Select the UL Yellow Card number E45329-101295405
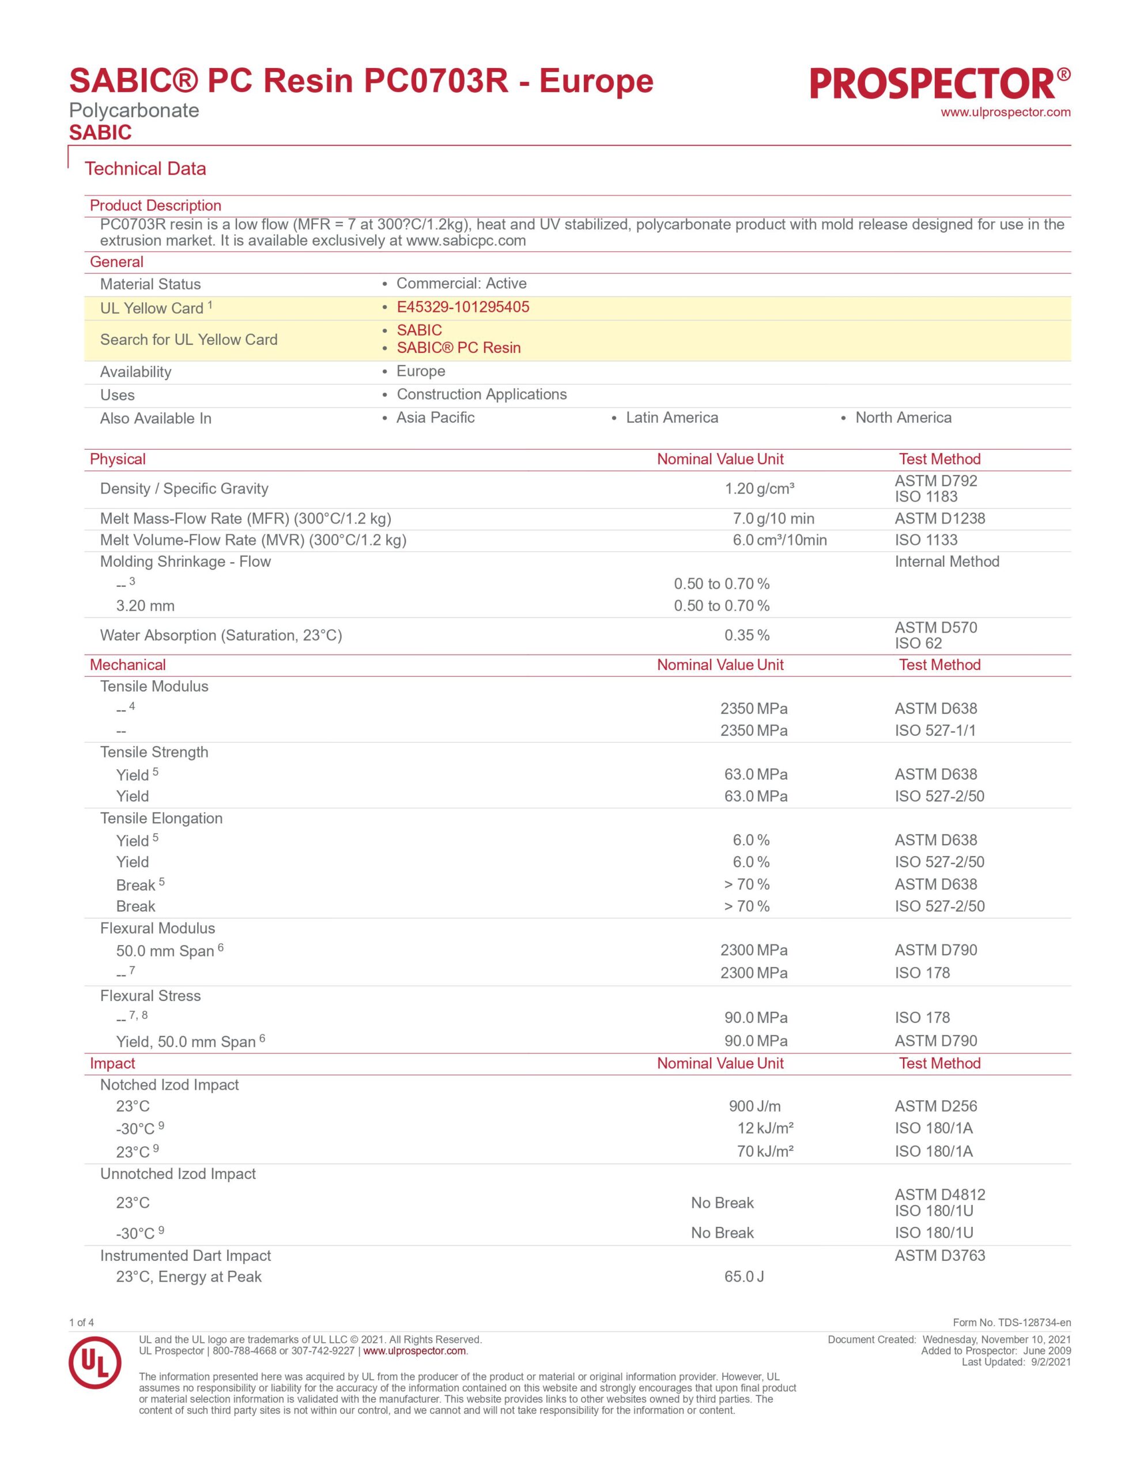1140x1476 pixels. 462,307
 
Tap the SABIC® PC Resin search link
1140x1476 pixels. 458,348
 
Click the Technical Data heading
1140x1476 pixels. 145,169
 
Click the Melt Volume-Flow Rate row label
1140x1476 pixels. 253,540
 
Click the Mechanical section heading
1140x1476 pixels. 128,665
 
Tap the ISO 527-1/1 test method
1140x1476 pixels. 935,731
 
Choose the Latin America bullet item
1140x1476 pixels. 671,417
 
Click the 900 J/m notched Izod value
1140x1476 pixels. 754,1106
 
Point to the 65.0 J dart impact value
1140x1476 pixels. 743,1277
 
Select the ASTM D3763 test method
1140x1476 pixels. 939,1256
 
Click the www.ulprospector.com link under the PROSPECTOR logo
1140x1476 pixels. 1005,113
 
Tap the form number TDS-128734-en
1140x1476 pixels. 1011,1323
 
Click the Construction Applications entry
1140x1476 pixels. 481,395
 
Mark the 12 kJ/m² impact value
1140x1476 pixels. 764,1128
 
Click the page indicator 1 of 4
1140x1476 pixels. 81,1323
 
